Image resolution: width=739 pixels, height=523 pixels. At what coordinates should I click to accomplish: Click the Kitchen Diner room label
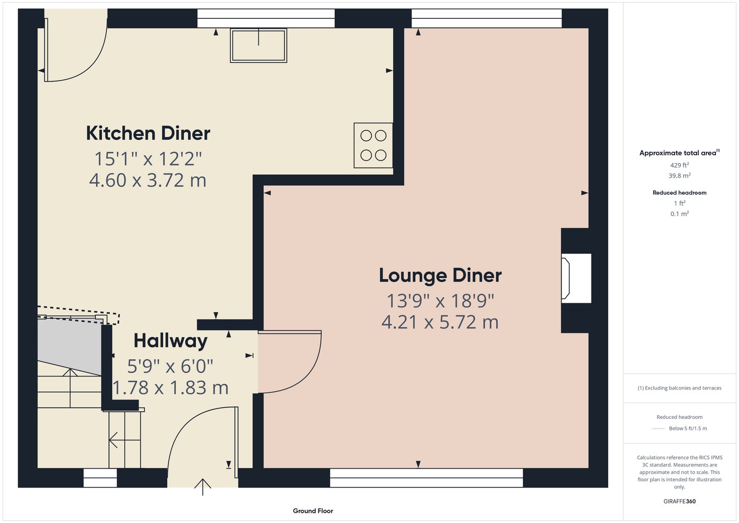(148, 133)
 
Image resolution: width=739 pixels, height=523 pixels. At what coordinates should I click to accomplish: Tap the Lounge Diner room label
(440, 276)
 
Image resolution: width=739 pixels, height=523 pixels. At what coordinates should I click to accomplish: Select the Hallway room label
(170, 341)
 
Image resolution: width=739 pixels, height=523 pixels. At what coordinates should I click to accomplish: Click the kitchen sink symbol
(258, 46)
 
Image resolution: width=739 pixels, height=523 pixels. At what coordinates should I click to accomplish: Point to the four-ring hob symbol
(373, 145)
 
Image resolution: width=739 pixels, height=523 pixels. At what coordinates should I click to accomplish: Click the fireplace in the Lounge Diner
(576, 278)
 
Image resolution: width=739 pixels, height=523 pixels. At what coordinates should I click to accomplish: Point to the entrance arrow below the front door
(202, 487)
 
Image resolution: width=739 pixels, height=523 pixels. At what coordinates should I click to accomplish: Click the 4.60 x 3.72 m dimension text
(148, 180)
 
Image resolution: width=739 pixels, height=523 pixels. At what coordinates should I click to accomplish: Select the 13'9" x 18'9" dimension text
(440, 301)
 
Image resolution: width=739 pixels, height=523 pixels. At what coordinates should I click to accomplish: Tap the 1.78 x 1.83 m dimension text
(170, 388)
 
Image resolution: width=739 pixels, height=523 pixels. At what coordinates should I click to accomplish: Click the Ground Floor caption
(313, 511)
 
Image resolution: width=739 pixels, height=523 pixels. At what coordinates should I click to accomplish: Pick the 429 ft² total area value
(679, 165)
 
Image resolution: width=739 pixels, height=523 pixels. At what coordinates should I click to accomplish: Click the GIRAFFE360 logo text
(679, 501)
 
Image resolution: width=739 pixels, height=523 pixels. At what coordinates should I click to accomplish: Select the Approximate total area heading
(679, 152)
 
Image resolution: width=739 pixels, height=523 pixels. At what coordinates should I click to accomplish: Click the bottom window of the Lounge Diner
(426, 478)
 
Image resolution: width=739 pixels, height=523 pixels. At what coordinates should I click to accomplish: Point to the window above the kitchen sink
(266, 18)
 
